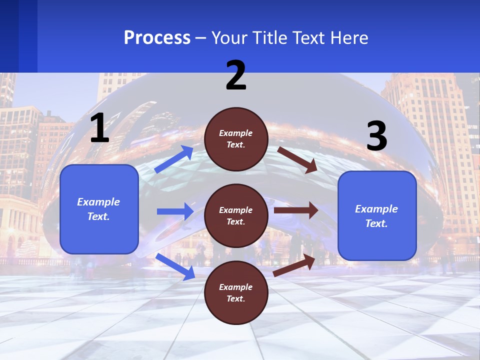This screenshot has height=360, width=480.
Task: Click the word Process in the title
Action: (x=157, y=38)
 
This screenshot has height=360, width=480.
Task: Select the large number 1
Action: (x=99, y=128)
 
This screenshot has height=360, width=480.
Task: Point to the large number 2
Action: (x=236, y=75)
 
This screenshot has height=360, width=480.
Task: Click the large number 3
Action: (x=376, y=136)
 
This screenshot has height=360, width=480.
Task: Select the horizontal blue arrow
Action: (x=175, y=211)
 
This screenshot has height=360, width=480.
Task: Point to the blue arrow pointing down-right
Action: (x=175, y=266)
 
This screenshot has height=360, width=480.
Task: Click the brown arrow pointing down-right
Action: (x=297, y=160)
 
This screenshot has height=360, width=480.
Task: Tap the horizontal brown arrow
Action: (x=295, y=210)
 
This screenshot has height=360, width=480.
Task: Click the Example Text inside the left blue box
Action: (x=98, y=209)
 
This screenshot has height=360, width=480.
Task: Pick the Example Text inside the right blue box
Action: (x=376, y=216)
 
